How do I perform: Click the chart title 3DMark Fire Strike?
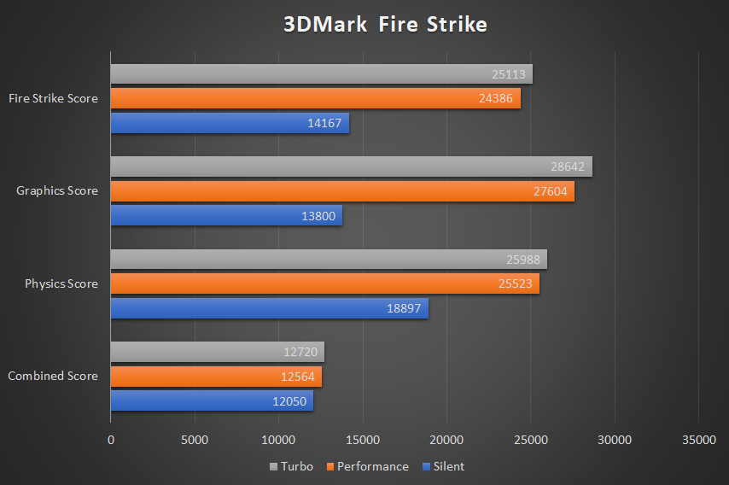[385, 25]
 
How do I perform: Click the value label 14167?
[324, 123]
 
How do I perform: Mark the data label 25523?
[516, 284]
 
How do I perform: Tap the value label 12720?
[300, 353]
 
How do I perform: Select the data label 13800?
[318, 216]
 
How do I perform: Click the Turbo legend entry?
[291, 466]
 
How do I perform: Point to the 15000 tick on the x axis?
[363, 440]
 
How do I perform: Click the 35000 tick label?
[699, 440]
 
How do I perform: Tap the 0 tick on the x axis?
[111, 440]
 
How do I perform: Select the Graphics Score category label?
[57, 190]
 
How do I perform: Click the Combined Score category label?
[53, 376]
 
